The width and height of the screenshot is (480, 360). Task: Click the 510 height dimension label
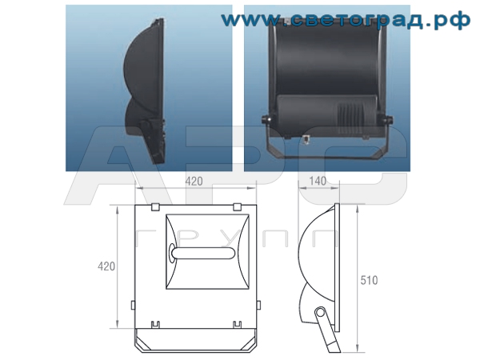370,281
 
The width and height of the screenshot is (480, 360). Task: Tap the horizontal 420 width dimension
194,182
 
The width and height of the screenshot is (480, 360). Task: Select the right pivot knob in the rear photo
390,120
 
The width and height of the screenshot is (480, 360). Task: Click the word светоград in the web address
356,20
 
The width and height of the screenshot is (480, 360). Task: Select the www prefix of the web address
248,20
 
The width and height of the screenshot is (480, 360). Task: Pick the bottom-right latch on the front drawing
237,325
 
